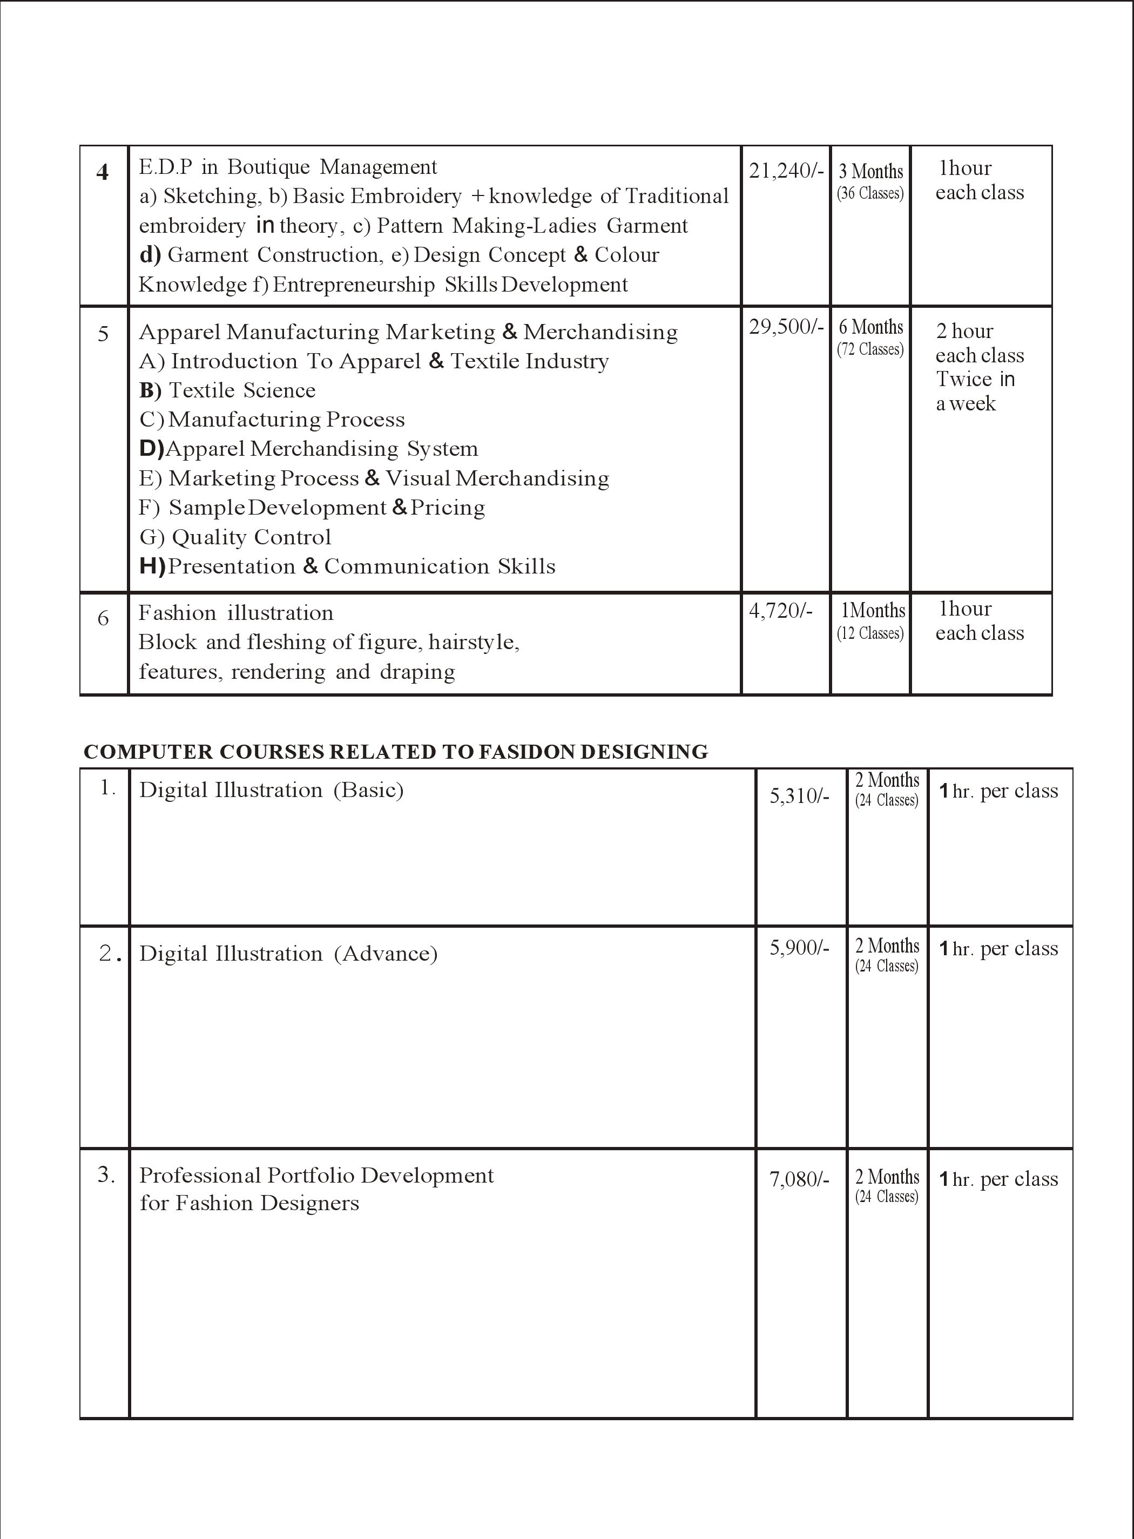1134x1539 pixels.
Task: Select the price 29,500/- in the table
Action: [x=785, y=327]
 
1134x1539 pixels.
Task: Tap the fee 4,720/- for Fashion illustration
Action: [x=780, y=610]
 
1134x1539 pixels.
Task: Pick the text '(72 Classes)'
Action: [x=870, y=349]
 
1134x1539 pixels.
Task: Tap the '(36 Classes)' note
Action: [x=870, y=193]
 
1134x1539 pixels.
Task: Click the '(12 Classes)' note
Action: [x=870, y=633]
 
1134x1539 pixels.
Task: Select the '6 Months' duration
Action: [x=870, y=327]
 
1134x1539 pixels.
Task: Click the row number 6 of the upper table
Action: [x=103, y=618]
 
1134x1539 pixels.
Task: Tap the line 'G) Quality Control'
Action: [x=235, y=537]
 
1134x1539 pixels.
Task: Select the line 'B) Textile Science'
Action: [x=227, y=390]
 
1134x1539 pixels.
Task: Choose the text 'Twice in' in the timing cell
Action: [x=975, y=379]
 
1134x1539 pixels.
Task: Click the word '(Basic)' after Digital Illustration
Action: [x=369, y=790]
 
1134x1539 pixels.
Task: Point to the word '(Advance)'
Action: [x=386, y=954]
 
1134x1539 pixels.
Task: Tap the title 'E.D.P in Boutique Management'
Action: [x=288, y=167]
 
